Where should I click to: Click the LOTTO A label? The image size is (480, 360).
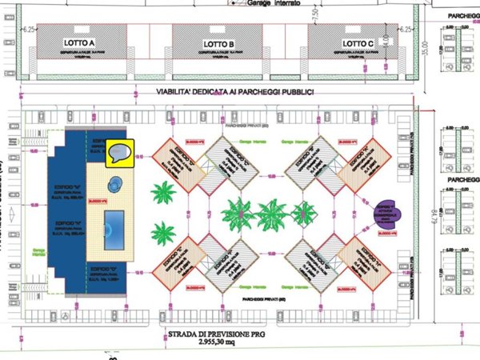pos(79,42)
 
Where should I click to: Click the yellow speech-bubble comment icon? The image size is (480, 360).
pos(121,152)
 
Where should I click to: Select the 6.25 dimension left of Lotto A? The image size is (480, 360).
pos(30,28)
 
